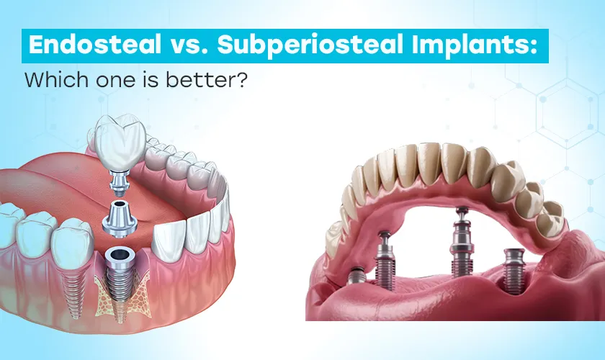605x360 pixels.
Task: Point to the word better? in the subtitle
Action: tap(214, 78)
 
